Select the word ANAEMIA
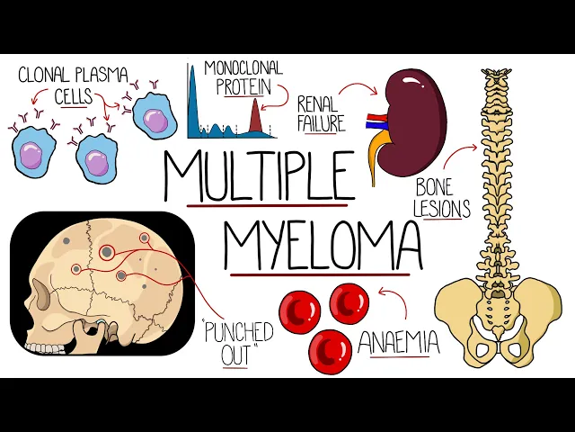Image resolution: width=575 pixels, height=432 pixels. coord(399,342)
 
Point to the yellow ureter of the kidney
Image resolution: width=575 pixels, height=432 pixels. coord(380,157)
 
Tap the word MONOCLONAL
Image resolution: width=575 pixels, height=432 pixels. coord(243,68)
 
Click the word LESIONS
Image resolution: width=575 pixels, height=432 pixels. coord(443,209)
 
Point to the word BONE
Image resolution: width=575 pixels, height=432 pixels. coord(436,189)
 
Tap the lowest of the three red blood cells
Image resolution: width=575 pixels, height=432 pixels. coord(331,352)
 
